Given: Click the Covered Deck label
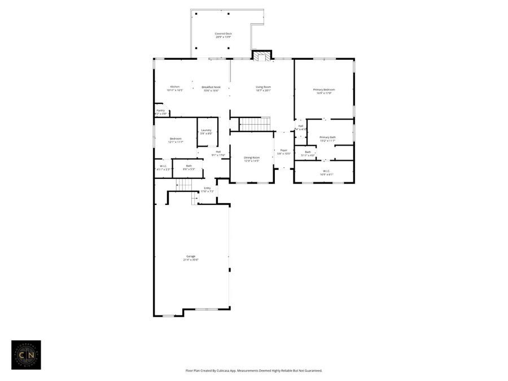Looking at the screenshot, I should pos(223,34).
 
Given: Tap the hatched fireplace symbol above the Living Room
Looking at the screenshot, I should pos(261,56).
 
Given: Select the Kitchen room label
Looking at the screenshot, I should pos(175,87).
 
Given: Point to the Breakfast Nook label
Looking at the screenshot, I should pos(211,87).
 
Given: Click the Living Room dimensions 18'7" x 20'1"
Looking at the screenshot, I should pos(263,90).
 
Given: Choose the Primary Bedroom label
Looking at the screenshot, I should pos(324,90).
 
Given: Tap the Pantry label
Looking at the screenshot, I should pos(161,111).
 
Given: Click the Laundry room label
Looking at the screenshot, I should pos(206,130).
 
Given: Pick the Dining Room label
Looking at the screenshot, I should pos(251,157).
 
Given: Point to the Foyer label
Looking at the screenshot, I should pos(284,150).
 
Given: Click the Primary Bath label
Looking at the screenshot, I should pos(327,137).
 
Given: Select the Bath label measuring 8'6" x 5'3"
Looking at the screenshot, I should pos(189,166).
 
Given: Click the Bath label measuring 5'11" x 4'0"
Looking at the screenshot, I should pos(308,152).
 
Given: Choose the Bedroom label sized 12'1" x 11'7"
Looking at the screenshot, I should pos(176,138).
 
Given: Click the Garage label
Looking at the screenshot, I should pos(191,256).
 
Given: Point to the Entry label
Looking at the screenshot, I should pos(207,188).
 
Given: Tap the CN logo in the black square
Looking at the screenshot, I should pos(26,354).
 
